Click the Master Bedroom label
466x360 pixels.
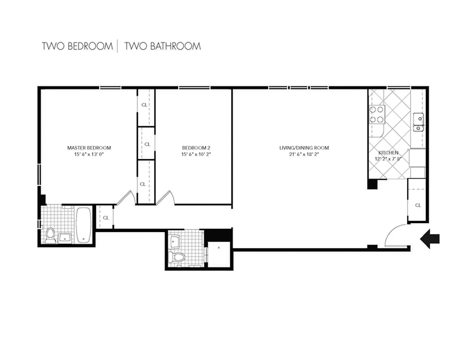[x=89, y=148]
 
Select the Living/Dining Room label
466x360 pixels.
[x=304, y=148]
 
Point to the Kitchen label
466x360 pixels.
[x=388, y=153]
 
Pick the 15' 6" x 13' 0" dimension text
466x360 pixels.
[x=89, y=154]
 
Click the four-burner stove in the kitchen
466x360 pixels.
[x=377, y=114]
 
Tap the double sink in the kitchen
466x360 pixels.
[x=419, y=122]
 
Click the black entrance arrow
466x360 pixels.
[x=430, y=238]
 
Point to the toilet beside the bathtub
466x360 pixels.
[x=50, y=235]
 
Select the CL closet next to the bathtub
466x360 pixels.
[x=106, y=217]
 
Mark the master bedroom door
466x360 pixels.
[x=125, y=198]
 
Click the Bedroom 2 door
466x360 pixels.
[x=165, y=198]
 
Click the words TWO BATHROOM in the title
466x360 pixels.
[x=163, y=46]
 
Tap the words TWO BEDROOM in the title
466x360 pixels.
[x=77, y=46]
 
